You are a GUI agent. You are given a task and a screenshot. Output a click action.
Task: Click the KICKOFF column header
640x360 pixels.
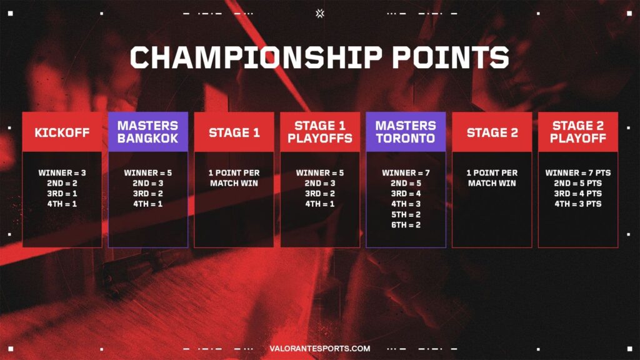click(x=62, y=132)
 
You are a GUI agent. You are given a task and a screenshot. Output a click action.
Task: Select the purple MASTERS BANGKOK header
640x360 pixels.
click(x=147, y=132)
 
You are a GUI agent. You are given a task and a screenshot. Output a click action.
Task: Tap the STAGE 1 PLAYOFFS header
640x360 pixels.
click(x=319, y=132)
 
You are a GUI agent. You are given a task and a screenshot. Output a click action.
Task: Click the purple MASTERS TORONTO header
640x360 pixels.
click(x=406, y=132)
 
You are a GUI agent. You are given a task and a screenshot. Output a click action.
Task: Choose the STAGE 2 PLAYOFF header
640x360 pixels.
click(x=577, y=132)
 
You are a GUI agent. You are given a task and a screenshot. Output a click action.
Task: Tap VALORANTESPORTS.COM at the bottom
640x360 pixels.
click(x=319, y=349)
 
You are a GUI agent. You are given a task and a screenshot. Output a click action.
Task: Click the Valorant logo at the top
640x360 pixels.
click(x=320, y=12)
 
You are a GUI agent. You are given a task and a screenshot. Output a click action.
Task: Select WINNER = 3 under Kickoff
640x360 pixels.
click(x=62, y=172)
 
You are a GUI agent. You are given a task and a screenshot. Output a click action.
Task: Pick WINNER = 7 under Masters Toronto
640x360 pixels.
click(x=406, y=172)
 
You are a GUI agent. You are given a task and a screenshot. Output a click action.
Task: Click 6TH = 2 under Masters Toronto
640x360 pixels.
click(x=406, y=225)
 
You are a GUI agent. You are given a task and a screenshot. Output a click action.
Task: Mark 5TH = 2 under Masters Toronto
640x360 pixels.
click(x=406, y=214)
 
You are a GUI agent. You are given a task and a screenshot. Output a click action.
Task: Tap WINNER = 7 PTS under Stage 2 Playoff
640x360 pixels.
click(x=577, y=172)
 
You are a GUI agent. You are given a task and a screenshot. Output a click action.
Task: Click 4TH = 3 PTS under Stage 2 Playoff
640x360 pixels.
click(x=577, y=204)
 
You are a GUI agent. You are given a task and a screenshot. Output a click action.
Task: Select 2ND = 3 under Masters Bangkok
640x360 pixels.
click(x=147, y=183)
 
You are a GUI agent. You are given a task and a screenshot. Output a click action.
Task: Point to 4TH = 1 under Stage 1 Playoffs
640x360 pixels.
click(x=319, y=204)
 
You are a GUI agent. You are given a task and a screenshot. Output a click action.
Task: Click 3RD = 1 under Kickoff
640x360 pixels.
click(x=62, y=194)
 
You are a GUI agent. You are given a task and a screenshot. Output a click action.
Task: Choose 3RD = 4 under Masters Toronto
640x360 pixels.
click(x=406, y=194)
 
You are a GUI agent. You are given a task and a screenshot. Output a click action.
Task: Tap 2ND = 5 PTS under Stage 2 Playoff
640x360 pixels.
click(x=577, y=183)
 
